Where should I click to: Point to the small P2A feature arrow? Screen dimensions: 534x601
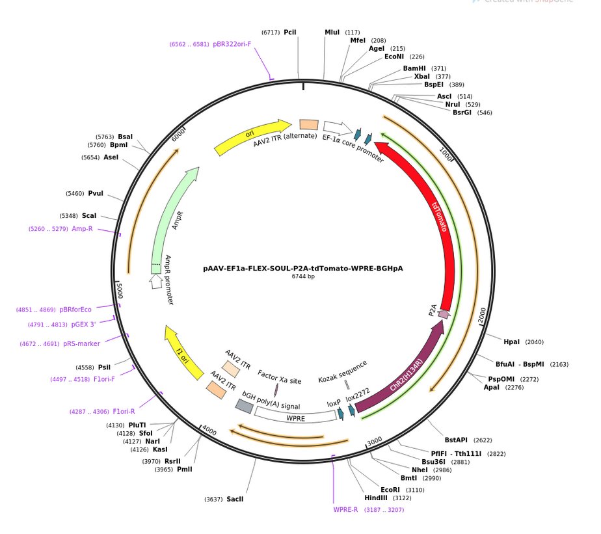[x=444, y=314]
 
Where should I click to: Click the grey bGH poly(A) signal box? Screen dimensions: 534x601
[x=244, y=406]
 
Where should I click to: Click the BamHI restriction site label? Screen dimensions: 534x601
[x=415, y=68]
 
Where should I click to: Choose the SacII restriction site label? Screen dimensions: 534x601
[x=234, y=500]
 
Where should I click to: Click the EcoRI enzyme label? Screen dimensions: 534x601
[x=390, y=490]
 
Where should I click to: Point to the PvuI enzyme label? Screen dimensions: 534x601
[x=96, y=193]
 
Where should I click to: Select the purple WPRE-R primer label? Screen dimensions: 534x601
[x=346, y=510]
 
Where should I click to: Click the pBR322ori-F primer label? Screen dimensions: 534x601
[x=232, y=44]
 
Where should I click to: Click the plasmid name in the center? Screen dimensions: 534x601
[x=302, y=267]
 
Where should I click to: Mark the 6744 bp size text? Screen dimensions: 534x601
[x=302, y=276]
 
